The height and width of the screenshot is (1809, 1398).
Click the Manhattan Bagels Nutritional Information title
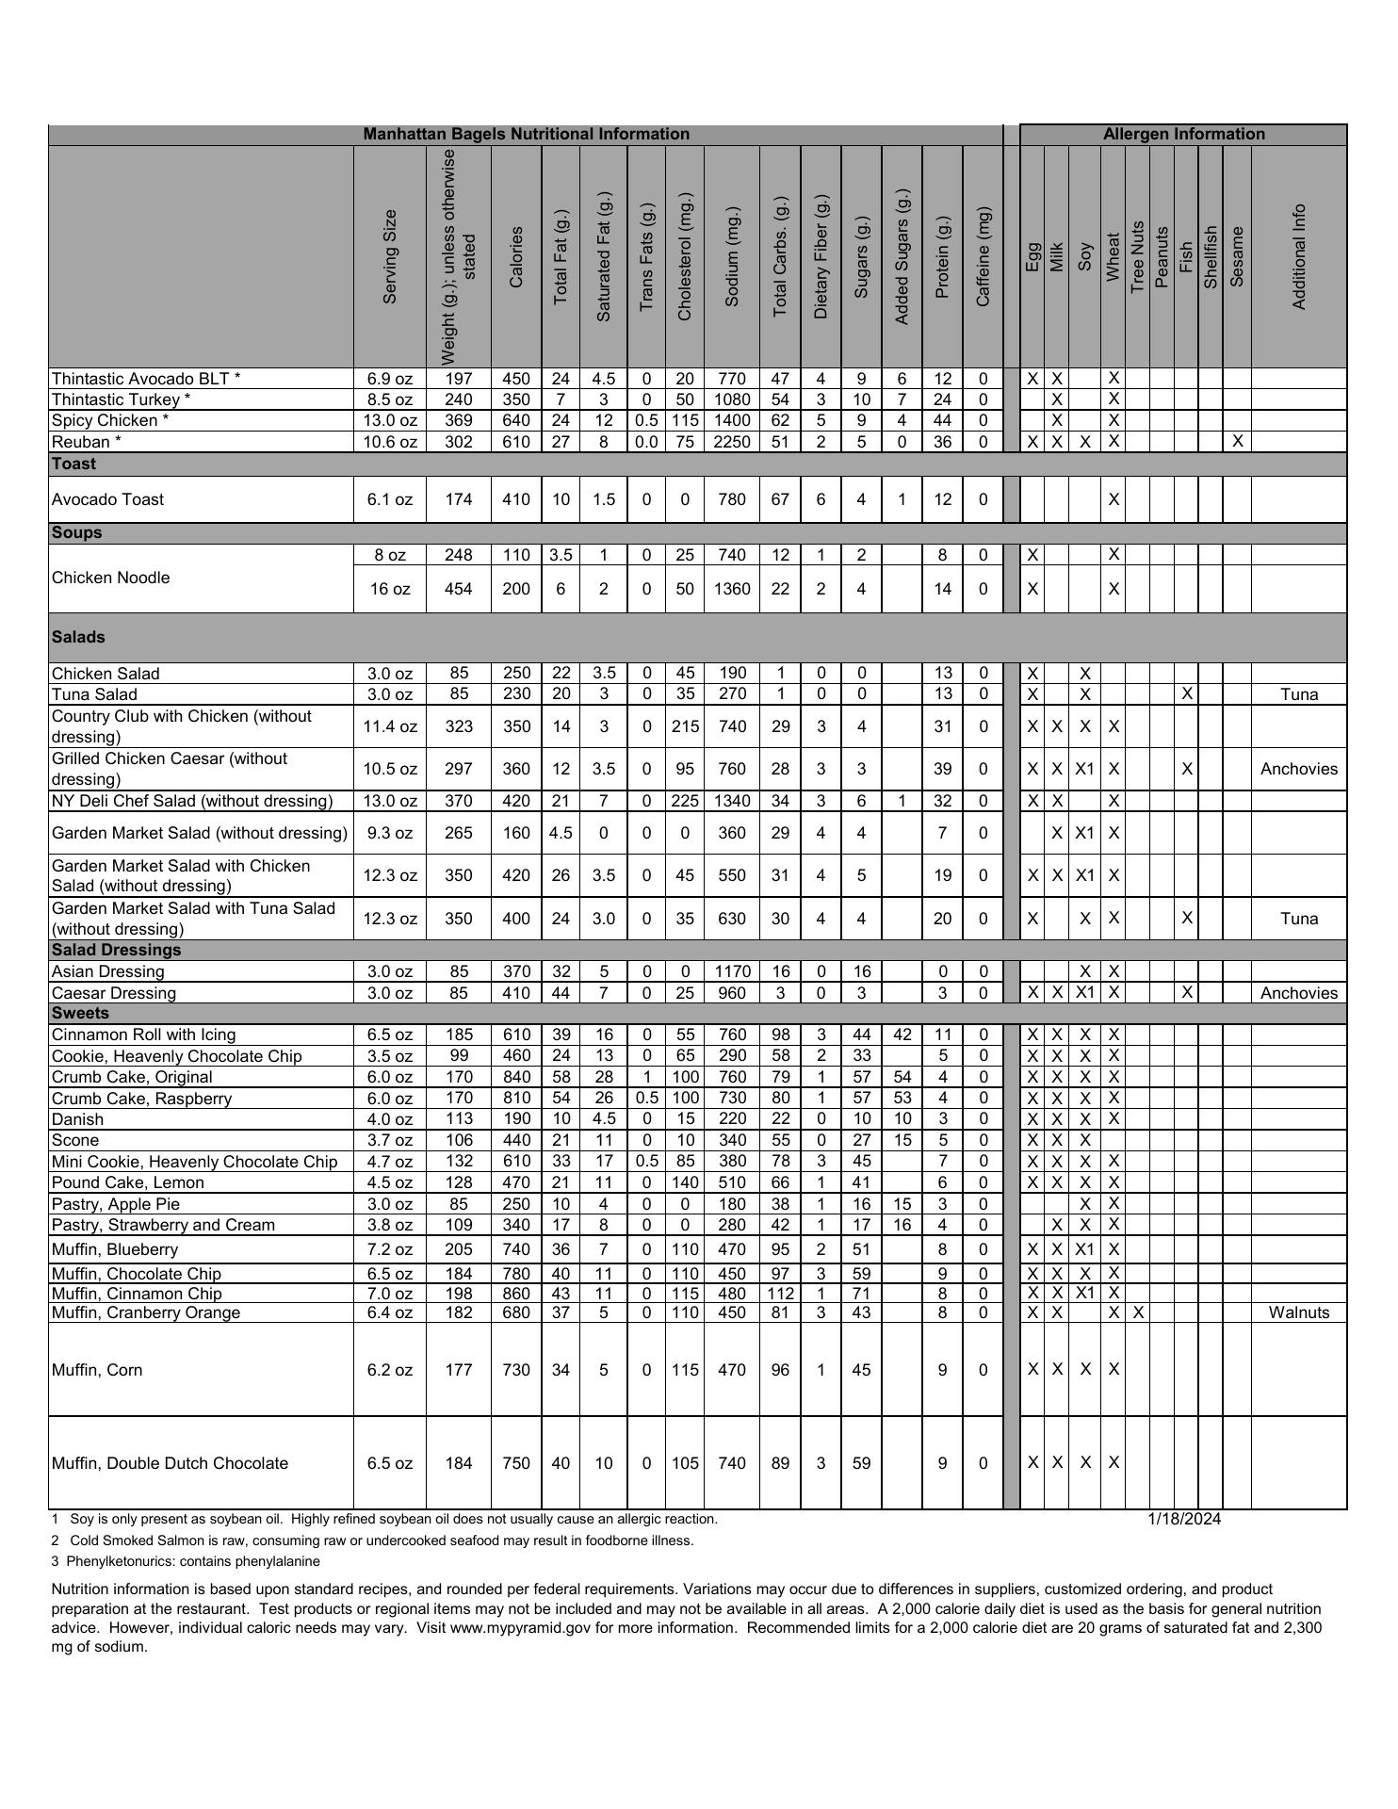[x=526, y=135]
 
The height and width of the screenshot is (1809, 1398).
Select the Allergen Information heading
[x=1183, y=135]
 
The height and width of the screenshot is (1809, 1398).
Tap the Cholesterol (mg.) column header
[x=685, y=256]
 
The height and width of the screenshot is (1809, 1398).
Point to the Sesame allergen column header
[x=1237, y=256]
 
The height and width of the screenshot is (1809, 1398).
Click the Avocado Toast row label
[x=108, y=499]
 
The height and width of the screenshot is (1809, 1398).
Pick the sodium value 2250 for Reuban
[x=732, y=442]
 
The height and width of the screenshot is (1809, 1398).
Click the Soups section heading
[x=77, y=533]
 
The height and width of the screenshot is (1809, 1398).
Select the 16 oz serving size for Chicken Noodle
[x=390, y=589]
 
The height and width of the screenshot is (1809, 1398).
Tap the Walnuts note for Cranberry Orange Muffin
[x=1299, y=1312]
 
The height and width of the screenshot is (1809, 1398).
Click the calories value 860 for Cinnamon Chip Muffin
[x=516, y=1294]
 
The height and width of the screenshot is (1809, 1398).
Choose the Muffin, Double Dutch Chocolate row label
[x=170, y=1463]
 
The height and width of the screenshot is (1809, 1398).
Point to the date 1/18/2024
[x=1184, y=1520]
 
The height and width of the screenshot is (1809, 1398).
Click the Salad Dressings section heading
[x=116, y=950]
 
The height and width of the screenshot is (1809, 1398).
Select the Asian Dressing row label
[x=108, y=971]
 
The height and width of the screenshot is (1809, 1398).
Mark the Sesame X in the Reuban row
[x=1237, y=442]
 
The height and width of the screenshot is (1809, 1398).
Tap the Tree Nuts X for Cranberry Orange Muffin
[x=1137, y=1312]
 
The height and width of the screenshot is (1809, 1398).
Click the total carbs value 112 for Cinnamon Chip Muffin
[x=780, y=1294]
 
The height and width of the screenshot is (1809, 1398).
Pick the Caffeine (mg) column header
[x=983, y=256]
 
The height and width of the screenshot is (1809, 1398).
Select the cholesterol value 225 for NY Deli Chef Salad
[x=685, y=801]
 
